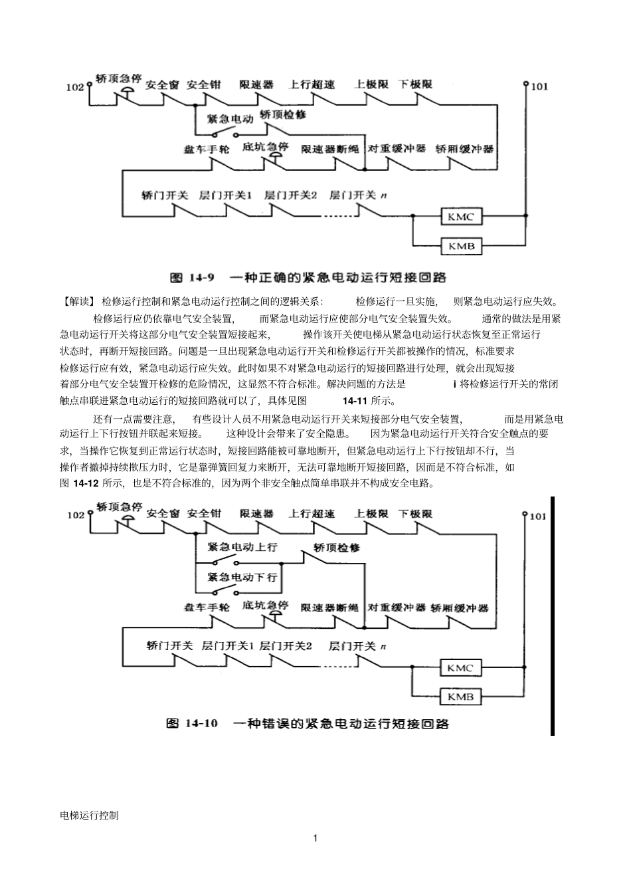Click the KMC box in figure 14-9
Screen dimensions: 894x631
pyautogui.click(x=461, y=217)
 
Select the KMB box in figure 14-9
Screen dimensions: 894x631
pyautogui.click(x=461, y=247)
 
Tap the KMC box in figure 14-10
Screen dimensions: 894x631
pyautogui.click(x=460, y=667)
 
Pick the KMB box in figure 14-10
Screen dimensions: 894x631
pyautogui.click(x=460, y=697)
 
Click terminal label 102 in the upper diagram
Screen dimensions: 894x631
pyautogui.click(x=75, y=87)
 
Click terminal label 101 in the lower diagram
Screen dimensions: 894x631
pyautogui.click(x=538, y=516)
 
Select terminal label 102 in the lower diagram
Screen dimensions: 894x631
pyautogui.click(x=76, y=515)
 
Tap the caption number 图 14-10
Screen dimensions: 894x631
pyautogui.click(x=193, y=723)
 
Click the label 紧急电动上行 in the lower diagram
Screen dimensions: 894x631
pyautogui.click(x=242, y=547)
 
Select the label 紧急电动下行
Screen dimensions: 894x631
pyautogui.click(x=242, y=577)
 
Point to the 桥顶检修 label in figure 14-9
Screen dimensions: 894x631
pyautogui.click(x=283, y=114)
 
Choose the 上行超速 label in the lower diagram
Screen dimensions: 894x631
pyautogui.click(x=312, y=513)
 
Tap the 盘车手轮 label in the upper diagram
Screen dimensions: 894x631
pyautogui.click(x=207, y=149)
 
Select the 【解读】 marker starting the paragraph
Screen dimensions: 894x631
pyautogui.click(x=78, y=300)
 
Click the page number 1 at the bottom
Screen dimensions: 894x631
pyautogui.click(x=315, y=838)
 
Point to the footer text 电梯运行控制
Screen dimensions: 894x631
pyautogui.click(x=89, y=815)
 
